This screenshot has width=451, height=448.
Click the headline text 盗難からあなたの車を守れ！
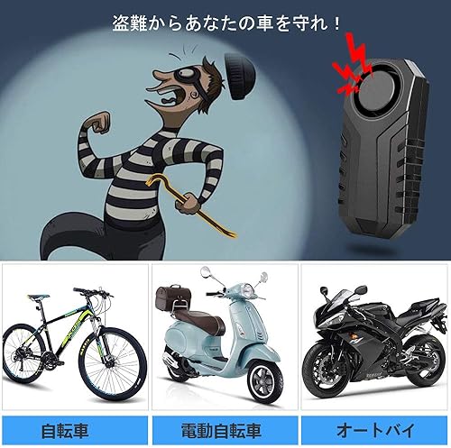[225, 22]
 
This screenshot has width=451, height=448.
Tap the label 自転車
[73, 427]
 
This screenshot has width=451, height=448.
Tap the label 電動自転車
[225, 427]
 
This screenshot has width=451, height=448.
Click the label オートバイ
[374, 427]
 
